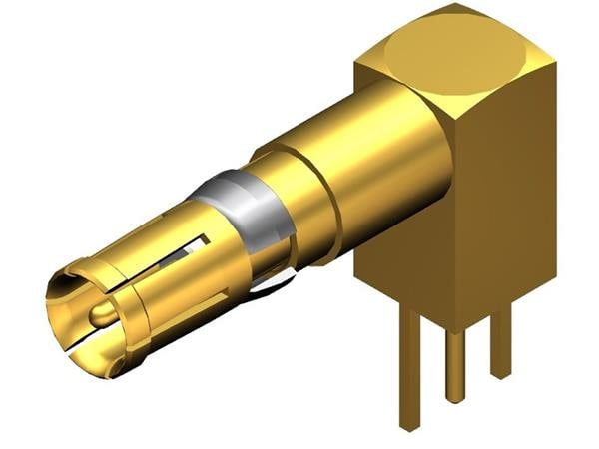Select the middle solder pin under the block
click(455, 364)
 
